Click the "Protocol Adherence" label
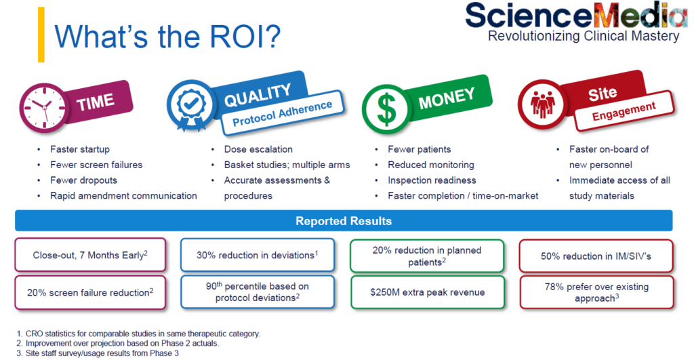click(x=282, y=113)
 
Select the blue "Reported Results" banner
click(x=344, y=221)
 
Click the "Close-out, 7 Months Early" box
click(x=90, y=256)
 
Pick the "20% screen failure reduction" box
click(x=90, y=292)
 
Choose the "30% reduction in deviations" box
click(x=258, y=256)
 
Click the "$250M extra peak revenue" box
click(x=427, y=292)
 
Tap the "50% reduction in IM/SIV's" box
click(x=596, y=256)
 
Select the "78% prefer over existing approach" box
click(x=596, y=292)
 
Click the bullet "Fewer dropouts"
click(x=83, y=180)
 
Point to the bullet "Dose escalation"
click(x=258, y=149)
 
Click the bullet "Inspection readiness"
click(x=432, y=180)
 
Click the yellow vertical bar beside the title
click(x=41, y=35)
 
